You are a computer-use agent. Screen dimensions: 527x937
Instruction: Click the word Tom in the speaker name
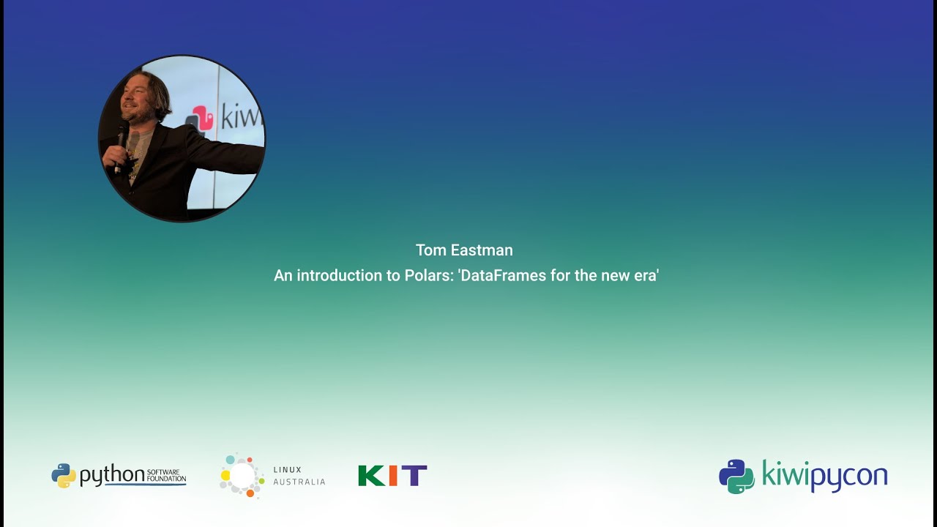click(x=430, y=250)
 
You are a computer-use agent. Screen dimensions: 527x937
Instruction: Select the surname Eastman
click(x=481, y=250)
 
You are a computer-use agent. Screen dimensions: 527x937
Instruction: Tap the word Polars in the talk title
click(x=428, y=276)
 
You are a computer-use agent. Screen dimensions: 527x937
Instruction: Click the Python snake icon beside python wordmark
click(x=64, y=476)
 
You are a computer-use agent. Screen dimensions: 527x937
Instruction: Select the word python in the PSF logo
click(x=112, y=476)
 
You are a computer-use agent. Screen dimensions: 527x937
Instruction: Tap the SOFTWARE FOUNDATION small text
click(x=166, y=475)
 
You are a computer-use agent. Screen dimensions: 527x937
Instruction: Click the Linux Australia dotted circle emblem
click(x=242, y=476)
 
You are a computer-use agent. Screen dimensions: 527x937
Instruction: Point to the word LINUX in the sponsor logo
click(x=287, y=470)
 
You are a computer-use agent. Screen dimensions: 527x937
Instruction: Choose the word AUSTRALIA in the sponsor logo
click(x=299, y=482)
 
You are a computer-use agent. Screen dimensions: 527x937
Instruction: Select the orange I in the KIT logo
click(x=393, y=476)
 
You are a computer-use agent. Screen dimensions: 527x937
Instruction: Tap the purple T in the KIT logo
click(x=414, y=476)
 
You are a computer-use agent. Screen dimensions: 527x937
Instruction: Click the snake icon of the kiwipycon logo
click(x=736, y=476)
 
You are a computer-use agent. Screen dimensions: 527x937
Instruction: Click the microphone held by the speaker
click(x=122, y=139)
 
